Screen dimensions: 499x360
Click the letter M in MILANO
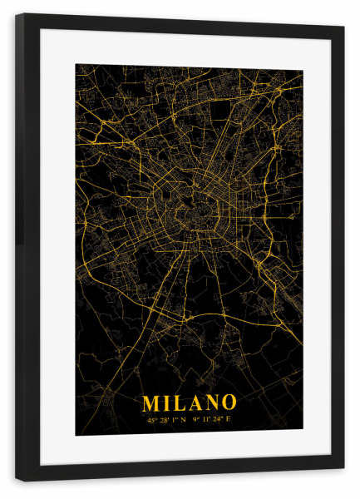pos(151,403)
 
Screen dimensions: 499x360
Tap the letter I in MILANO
pos(167,403)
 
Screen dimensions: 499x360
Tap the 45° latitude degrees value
pos(151,420)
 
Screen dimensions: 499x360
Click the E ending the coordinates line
pos(229,420)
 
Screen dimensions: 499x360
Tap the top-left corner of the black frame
pos(16,14)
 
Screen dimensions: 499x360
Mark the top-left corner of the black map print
pos(76,65)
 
